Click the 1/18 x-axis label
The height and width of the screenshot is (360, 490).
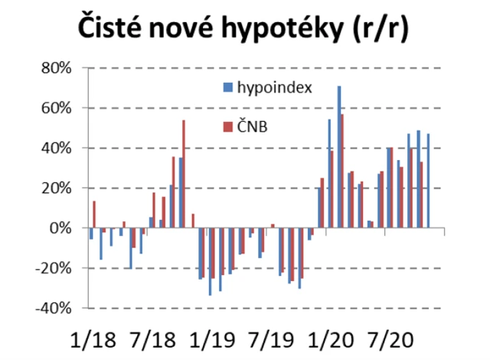coord(90,338)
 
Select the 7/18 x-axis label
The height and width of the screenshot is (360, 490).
coord(153,338)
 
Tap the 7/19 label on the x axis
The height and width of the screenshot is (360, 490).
coord(283,338)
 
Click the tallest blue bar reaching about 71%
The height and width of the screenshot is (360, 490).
coord(339,157)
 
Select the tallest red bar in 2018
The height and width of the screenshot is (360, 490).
coord(184,174)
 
